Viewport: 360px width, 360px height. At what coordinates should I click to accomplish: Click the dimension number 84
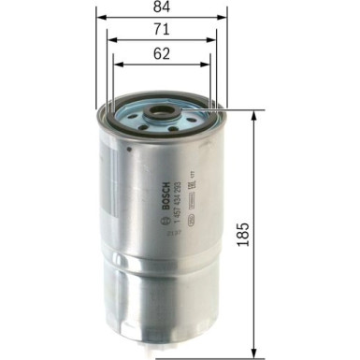[161, 9]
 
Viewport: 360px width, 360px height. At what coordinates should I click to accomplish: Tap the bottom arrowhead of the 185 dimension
[253, 354]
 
